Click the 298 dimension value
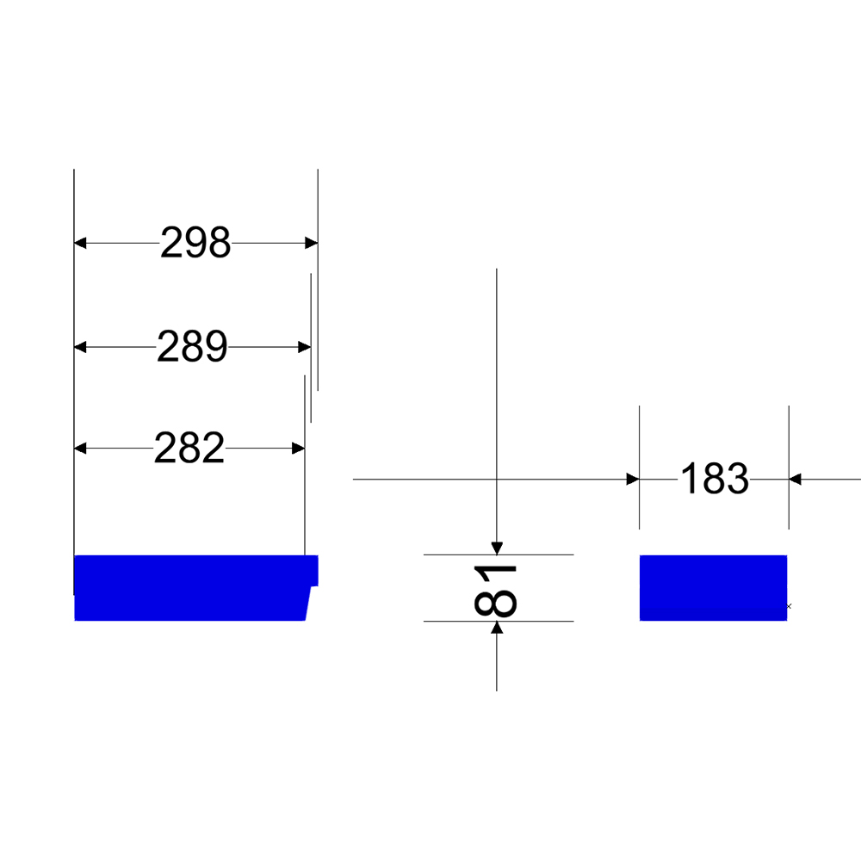point(195,242)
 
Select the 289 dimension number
point(192,346)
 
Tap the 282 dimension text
point(189,448)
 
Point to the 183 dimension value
point(715,479)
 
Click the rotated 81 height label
point(495,592)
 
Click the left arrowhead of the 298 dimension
point(80,243)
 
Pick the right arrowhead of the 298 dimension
point(312,243)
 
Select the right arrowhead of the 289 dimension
point(305,347)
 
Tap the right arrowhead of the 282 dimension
point(298,449)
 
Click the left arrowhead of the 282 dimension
point(80,449)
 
